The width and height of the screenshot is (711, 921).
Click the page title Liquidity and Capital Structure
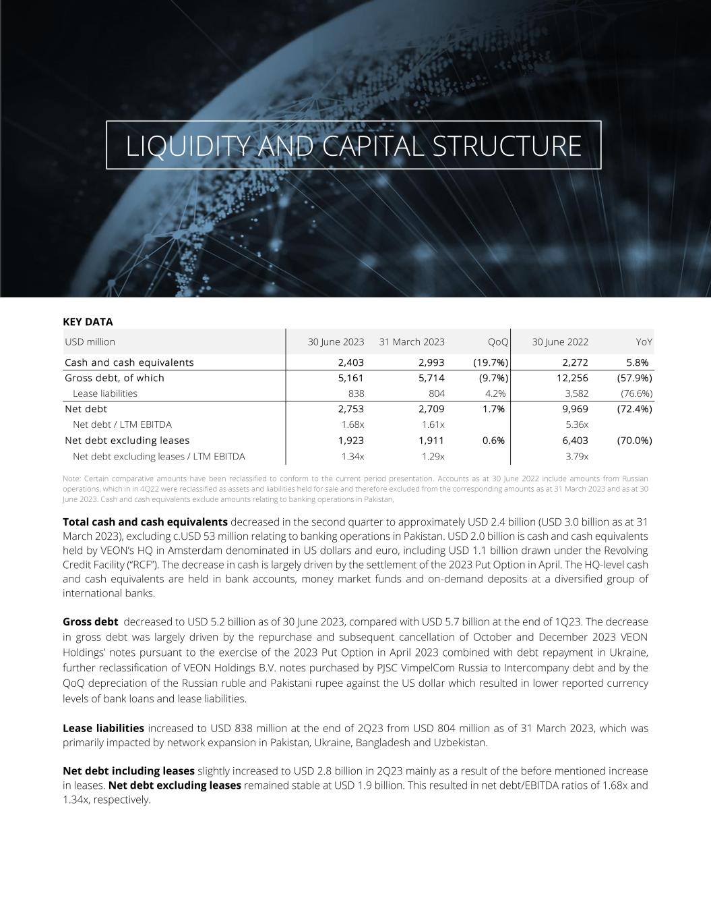coord(353,146)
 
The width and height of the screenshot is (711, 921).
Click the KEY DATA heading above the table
coord(88,322)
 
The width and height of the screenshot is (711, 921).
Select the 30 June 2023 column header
coord(336,342)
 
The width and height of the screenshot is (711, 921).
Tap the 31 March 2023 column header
coord(412,342)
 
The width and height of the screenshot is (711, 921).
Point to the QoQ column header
coord(498,342)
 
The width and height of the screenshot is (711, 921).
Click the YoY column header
coord(644,342)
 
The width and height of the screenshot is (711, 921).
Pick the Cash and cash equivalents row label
coord(129,362)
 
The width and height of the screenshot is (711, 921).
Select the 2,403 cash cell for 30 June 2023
coord(350,362)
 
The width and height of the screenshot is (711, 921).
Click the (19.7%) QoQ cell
coord(490,362)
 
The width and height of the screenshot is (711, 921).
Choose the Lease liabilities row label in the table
coord(104,393)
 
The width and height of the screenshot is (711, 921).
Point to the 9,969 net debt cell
coord(574,409)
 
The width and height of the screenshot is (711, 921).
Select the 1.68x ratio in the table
coord(352,424)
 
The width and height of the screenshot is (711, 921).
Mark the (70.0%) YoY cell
coord(634,441)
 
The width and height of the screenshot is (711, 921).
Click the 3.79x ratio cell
coord(577,457)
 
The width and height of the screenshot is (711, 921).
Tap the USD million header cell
coord(90,342)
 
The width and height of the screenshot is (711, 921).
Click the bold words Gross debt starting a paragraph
coord(90,621)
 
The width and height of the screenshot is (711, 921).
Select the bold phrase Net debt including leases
coord(128,771)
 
